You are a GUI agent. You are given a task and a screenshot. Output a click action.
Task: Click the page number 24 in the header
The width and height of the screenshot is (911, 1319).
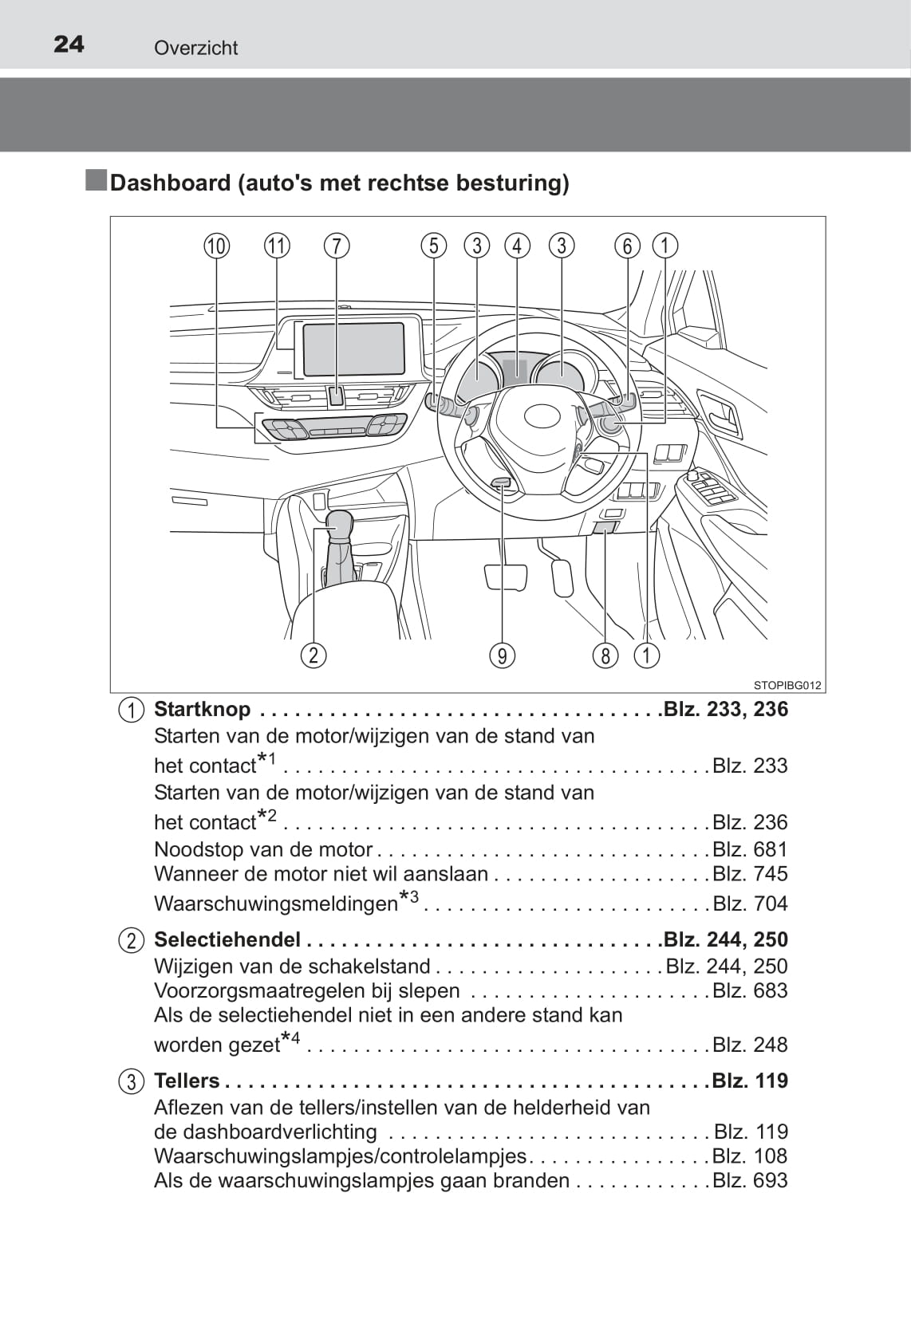69,45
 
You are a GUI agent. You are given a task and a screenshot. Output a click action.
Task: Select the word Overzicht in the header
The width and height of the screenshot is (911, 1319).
195,48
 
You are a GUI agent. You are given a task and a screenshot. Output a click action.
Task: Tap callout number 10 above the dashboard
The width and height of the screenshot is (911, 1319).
217,246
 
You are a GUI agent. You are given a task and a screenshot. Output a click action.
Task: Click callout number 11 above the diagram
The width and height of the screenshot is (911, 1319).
277,246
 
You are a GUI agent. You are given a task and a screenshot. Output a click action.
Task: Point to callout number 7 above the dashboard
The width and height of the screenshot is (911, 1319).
337,246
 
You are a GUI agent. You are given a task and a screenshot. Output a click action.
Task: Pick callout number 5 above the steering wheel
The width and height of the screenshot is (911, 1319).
434,246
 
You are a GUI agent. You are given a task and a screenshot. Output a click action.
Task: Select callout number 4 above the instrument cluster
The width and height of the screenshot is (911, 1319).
517,246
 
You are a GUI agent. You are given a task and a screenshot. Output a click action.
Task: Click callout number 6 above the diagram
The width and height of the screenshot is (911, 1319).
627,246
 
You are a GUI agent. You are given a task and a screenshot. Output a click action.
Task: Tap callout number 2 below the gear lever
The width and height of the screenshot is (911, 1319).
314,656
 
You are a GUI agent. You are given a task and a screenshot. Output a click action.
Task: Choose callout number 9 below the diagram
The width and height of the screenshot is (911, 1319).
503,656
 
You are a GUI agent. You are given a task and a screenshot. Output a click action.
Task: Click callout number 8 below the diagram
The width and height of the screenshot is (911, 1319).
605,656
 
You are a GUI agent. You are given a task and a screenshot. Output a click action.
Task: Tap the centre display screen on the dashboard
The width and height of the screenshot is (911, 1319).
354,348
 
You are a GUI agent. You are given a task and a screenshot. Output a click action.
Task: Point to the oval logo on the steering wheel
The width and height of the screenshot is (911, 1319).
544,416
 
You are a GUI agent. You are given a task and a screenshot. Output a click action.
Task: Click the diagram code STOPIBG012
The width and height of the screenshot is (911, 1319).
787,685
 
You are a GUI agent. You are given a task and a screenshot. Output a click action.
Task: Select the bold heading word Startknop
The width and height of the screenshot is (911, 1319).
203,709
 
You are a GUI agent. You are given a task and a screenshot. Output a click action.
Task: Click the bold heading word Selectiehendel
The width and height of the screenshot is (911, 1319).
227,939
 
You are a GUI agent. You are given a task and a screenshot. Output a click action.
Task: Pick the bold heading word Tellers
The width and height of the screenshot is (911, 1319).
187,1081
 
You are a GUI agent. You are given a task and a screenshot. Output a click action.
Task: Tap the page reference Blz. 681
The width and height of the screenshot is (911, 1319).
750,849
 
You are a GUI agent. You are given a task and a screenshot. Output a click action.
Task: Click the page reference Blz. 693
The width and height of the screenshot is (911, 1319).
750,1180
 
